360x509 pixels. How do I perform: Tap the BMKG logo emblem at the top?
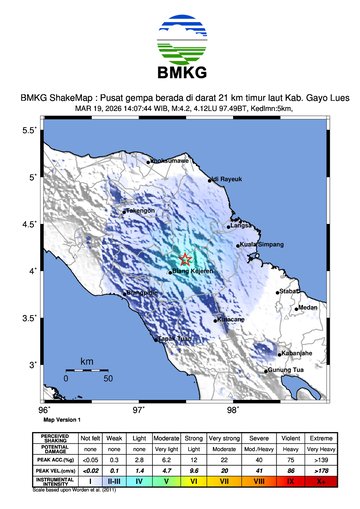click(x=180, y=41)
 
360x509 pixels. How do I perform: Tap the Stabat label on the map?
click(x=291, y=290)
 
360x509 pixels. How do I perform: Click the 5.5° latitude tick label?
click(x=30, y=131)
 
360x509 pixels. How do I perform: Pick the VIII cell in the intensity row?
click(x=258, y=481)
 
